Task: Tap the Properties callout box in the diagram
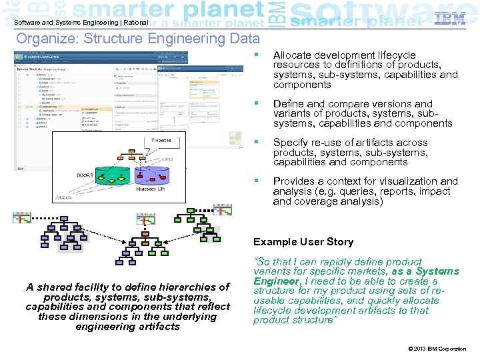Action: point(161,141)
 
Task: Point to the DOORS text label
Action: point(85,175)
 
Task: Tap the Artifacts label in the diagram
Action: point(65,198)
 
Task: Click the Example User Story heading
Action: point(303,242)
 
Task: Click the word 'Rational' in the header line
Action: point(135,22)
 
